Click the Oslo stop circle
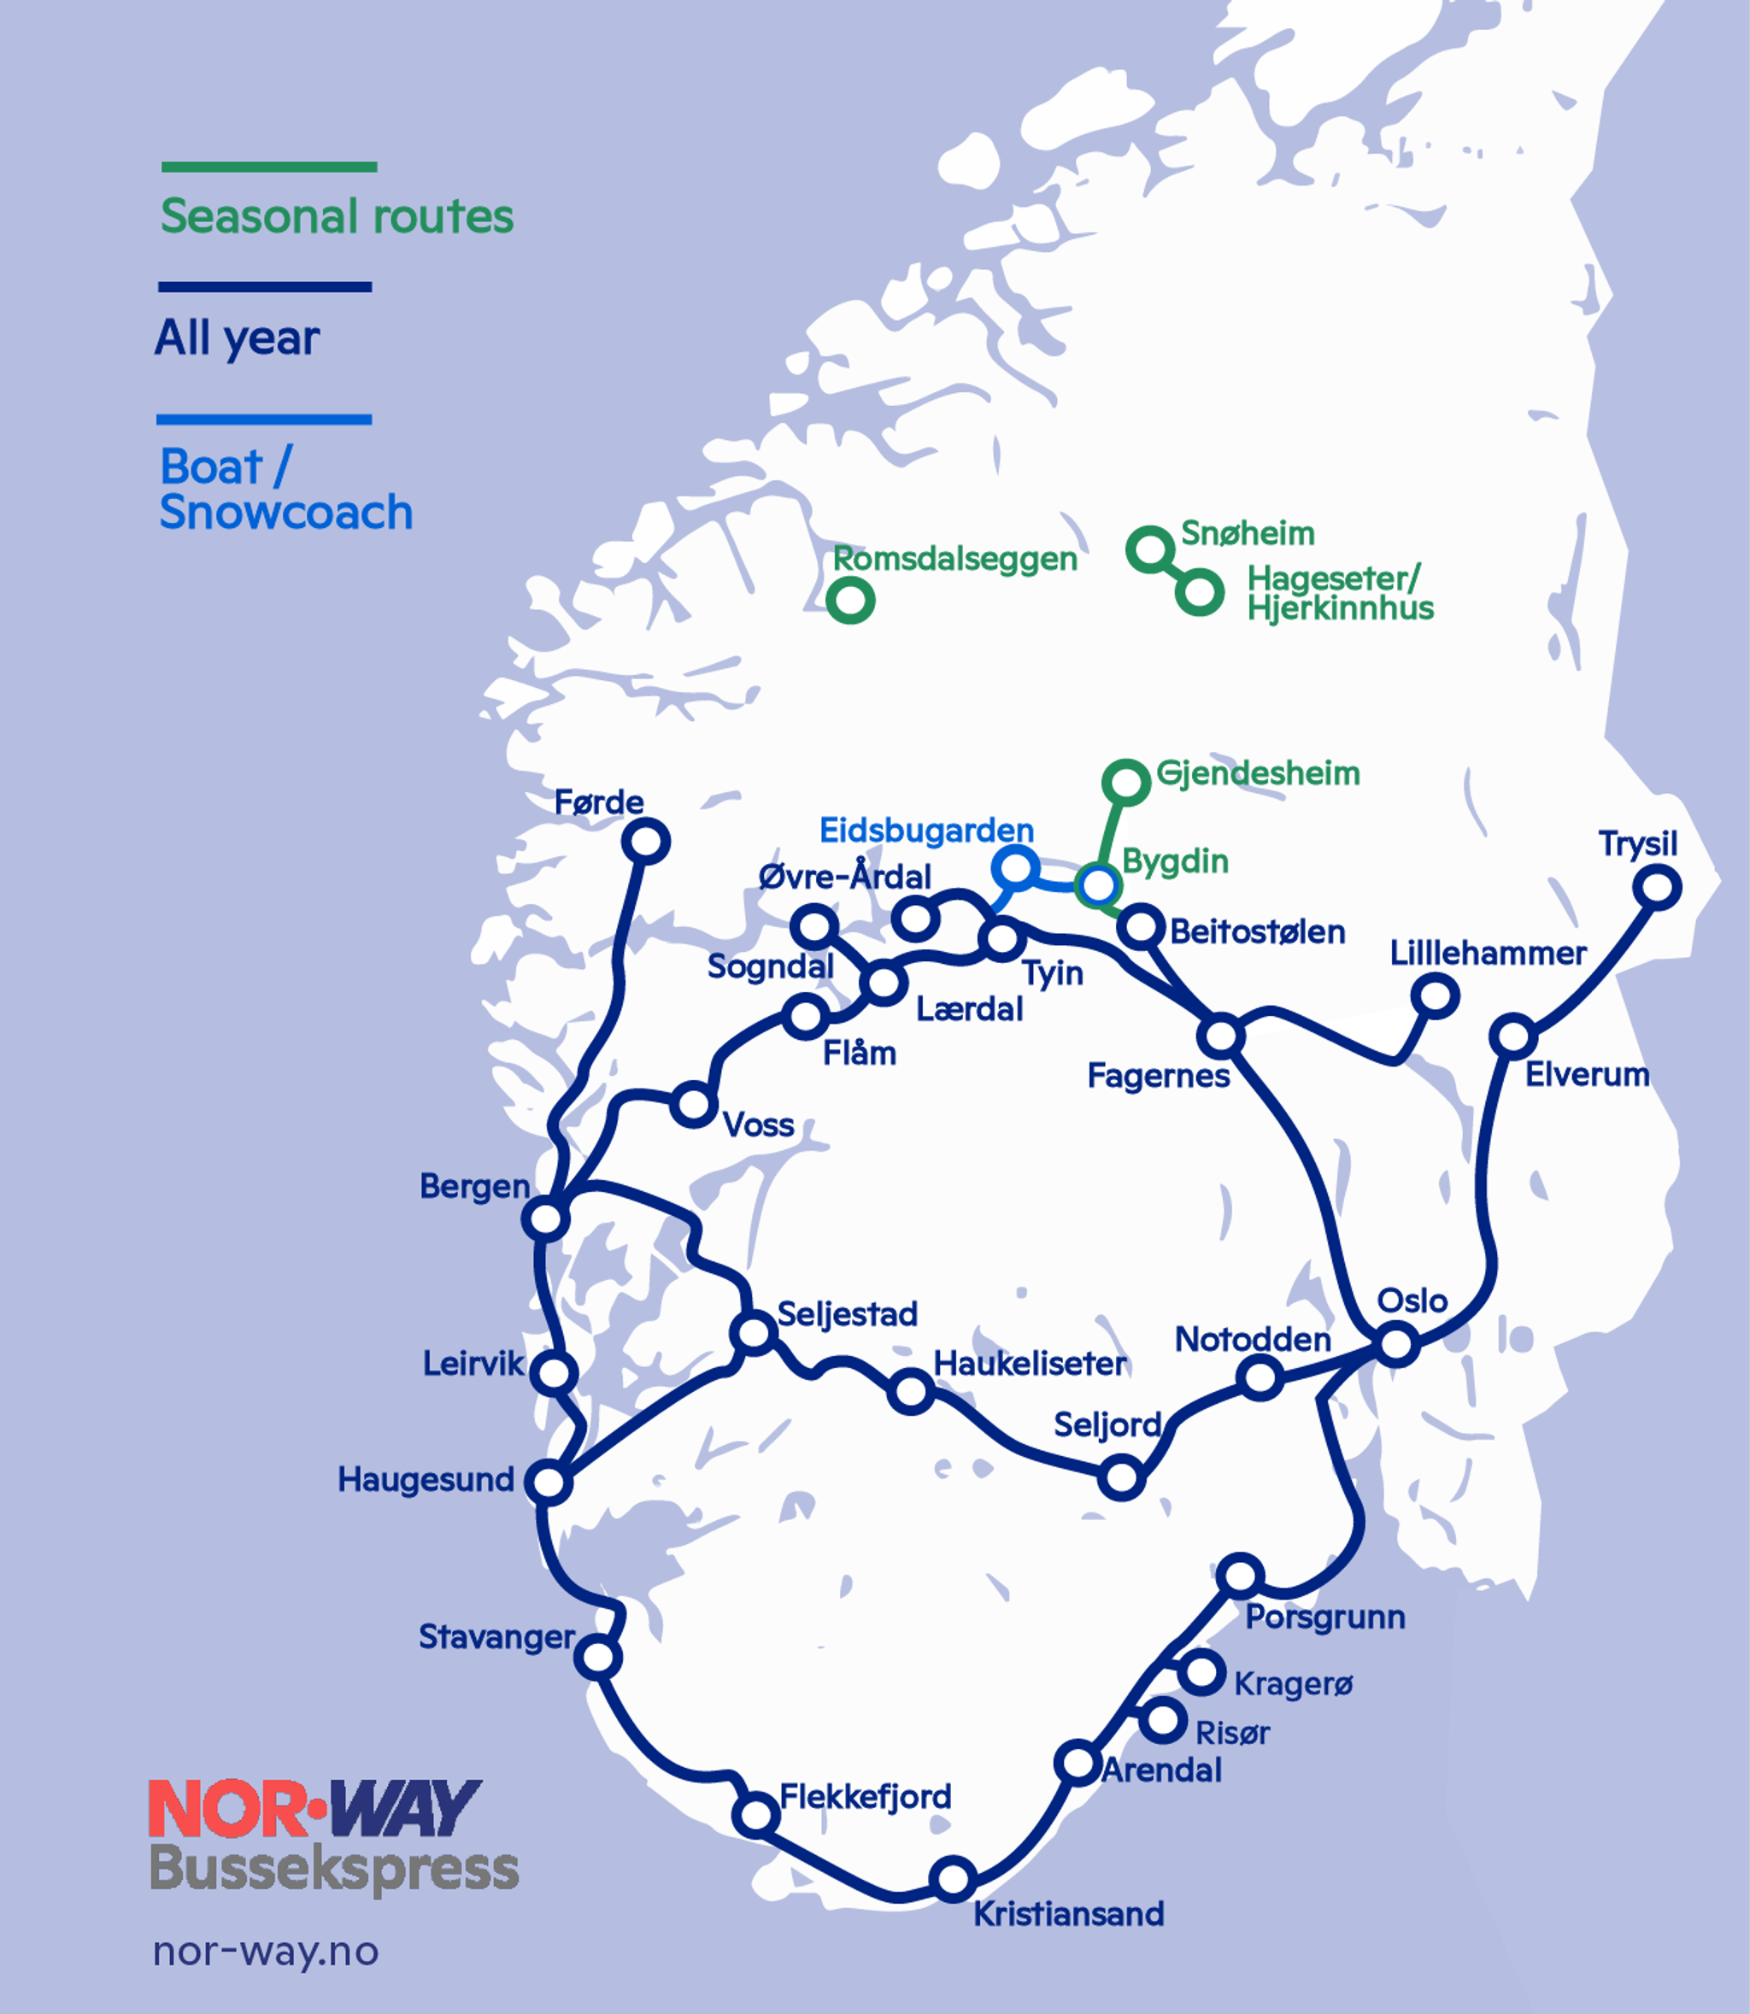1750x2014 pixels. point(1396,1344)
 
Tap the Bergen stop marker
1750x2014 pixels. point(545,1219)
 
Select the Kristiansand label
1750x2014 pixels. point(1068,1913)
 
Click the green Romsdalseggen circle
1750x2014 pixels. point(849,600)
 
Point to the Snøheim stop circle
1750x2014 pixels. point(1149,550)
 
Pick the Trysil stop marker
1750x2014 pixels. point(1659,888)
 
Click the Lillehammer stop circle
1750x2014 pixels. point(1436,996)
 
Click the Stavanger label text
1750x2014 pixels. point(496,1636)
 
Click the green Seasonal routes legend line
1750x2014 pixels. point(268,167)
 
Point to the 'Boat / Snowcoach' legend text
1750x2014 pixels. point(285,490)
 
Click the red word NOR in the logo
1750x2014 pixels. point(227,1808)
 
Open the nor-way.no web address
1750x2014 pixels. point(266,1952)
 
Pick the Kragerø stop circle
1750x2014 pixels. point(1201,1672)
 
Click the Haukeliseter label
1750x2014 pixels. point(1030,1364)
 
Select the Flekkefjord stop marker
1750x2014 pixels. point(756,1815)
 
